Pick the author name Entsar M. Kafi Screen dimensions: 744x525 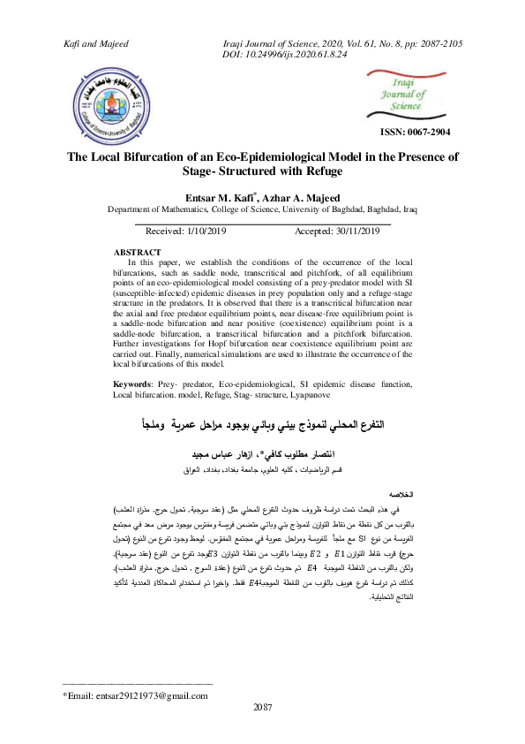coord(226,198)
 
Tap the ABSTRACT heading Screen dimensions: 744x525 coord(138,253)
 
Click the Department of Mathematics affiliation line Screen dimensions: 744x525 coord(261,210)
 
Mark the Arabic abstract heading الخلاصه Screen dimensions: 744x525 coord(403,494)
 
